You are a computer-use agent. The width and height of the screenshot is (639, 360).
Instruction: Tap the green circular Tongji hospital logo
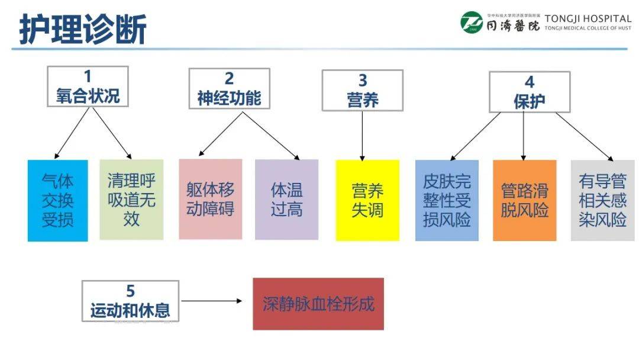(x=472, y=23)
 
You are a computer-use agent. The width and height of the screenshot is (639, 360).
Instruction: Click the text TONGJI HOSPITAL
(x=588, y=18)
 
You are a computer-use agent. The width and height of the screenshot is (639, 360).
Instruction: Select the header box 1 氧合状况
(x=88, y=86)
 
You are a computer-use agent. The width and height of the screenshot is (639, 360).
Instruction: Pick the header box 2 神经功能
(x=229, y=88)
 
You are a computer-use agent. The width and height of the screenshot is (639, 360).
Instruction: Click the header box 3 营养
(x=362, y=90)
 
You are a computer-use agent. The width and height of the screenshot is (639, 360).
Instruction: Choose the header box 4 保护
(x=529, y=91)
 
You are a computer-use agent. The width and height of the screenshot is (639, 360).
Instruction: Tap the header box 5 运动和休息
(x=130, y=301)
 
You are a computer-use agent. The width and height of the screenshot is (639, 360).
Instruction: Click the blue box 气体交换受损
(x=57, y=200)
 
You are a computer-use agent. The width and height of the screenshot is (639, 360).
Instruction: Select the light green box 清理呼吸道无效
(x=131, y=200)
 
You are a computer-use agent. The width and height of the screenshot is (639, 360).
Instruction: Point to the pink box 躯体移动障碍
(x=211, y=199)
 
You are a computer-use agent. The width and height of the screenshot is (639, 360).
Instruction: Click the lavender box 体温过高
(x=286, y=200)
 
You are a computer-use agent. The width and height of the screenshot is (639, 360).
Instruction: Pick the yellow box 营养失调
(x=367, y=200)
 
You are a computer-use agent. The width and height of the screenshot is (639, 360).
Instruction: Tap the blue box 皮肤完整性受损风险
(x=447, y=200)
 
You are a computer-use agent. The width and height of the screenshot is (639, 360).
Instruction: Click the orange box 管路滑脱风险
(x=524, y=200)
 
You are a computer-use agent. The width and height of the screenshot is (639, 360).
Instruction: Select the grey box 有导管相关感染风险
(x=602, y=200)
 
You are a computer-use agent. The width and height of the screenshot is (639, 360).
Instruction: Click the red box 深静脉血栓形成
(x=318, y=304)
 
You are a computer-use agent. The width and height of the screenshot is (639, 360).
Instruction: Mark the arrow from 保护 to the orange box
(x=524, y=136)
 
